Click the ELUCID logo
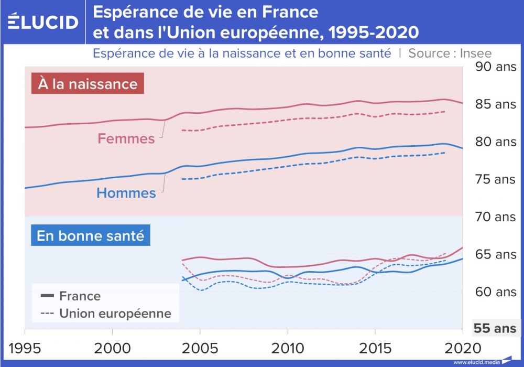click(x=43, y=22)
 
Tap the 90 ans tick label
click(x=495, y=67)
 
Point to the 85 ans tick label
click(x=495, y=104)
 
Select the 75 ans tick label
click(x=495, y=179)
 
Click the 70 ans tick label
click(x=495, y=217)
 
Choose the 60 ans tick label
click(x=495, y=292)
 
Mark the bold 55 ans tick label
click(x=495, y=329)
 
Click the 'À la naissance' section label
click(x=88, y=84)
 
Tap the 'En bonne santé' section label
click(x=91, y=235)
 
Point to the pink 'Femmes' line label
click(x=126, y=139)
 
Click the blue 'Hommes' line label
click(x=126, y=193)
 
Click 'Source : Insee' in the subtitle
click(x=450, y=53)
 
